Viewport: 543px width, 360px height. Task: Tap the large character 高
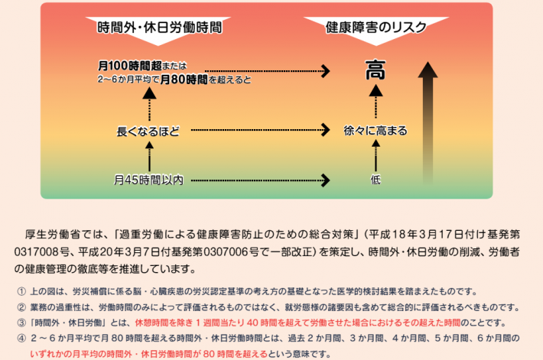point(375,70)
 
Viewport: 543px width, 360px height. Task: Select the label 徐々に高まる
point(375,131)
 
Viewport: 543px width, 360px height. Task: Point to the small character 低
point(375,180)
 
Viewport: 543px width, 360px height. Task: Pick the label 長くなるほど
point(148,131)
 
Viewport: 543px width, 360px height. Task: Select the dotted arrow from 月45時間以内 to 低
point(260,180)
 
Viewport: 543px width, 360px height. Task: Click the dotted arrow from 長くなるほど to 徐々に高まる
point(260,131)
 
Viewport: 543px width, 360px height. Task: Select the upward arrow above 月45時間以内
point(150,157)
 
